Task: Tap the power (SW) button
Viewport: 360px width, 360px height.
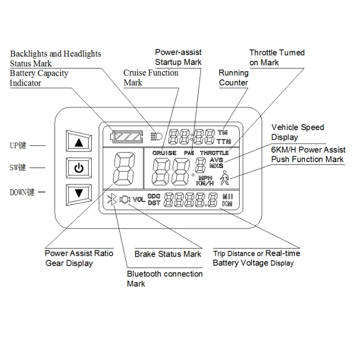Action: click(x=79, y=168)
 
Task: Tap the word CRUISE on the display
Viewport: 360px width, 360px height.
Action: click(x=164, y=153)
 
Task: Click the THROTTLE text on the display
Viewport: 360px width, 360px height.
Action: click(x=214, y=153)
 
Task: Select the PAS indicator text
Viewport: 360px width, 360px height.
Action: click(x=189, y=153)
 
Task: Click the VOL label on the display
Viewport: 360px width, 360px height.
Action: click(x=139, y=199)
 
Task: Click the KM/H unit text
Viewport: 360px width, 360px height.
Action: click(x=204, y=183)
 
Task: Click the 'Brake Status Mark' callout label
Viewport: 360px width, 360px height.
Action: click(x=168, y=254)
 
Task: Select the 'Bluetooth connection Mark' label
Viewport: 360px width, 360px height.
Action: click(x=165, y=279)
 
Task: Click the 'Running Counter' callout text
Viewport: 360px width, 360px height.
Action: click(x=234, y=78)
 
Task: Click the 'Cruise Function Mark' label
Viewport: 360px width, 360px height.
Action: click(x=150, y=78)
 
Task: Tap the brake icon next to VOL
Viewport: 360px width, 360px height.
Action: click(x=125, y=199)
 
